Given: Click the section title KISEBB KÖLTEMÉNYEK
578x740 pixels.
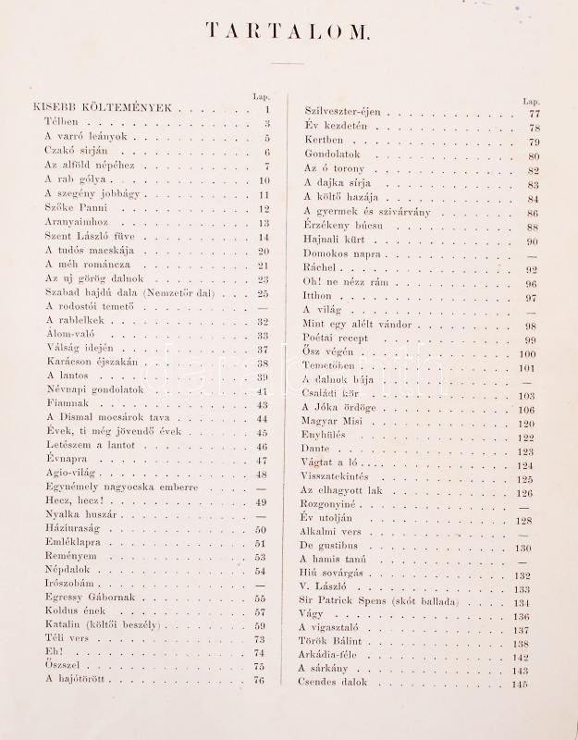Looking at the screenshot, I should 102,108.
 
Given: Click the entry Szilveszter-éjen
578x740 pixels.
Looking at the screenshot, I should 342,112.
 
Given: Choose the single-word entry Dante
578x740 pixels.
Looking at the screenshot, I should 315,450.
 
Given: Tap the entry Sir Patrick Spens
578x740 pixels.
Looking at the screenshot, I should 384,601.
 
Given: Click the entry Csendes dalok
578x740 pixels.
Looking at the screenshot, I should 333,683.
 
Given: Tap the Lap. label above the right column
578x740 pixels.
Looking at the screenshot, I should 531,100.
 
